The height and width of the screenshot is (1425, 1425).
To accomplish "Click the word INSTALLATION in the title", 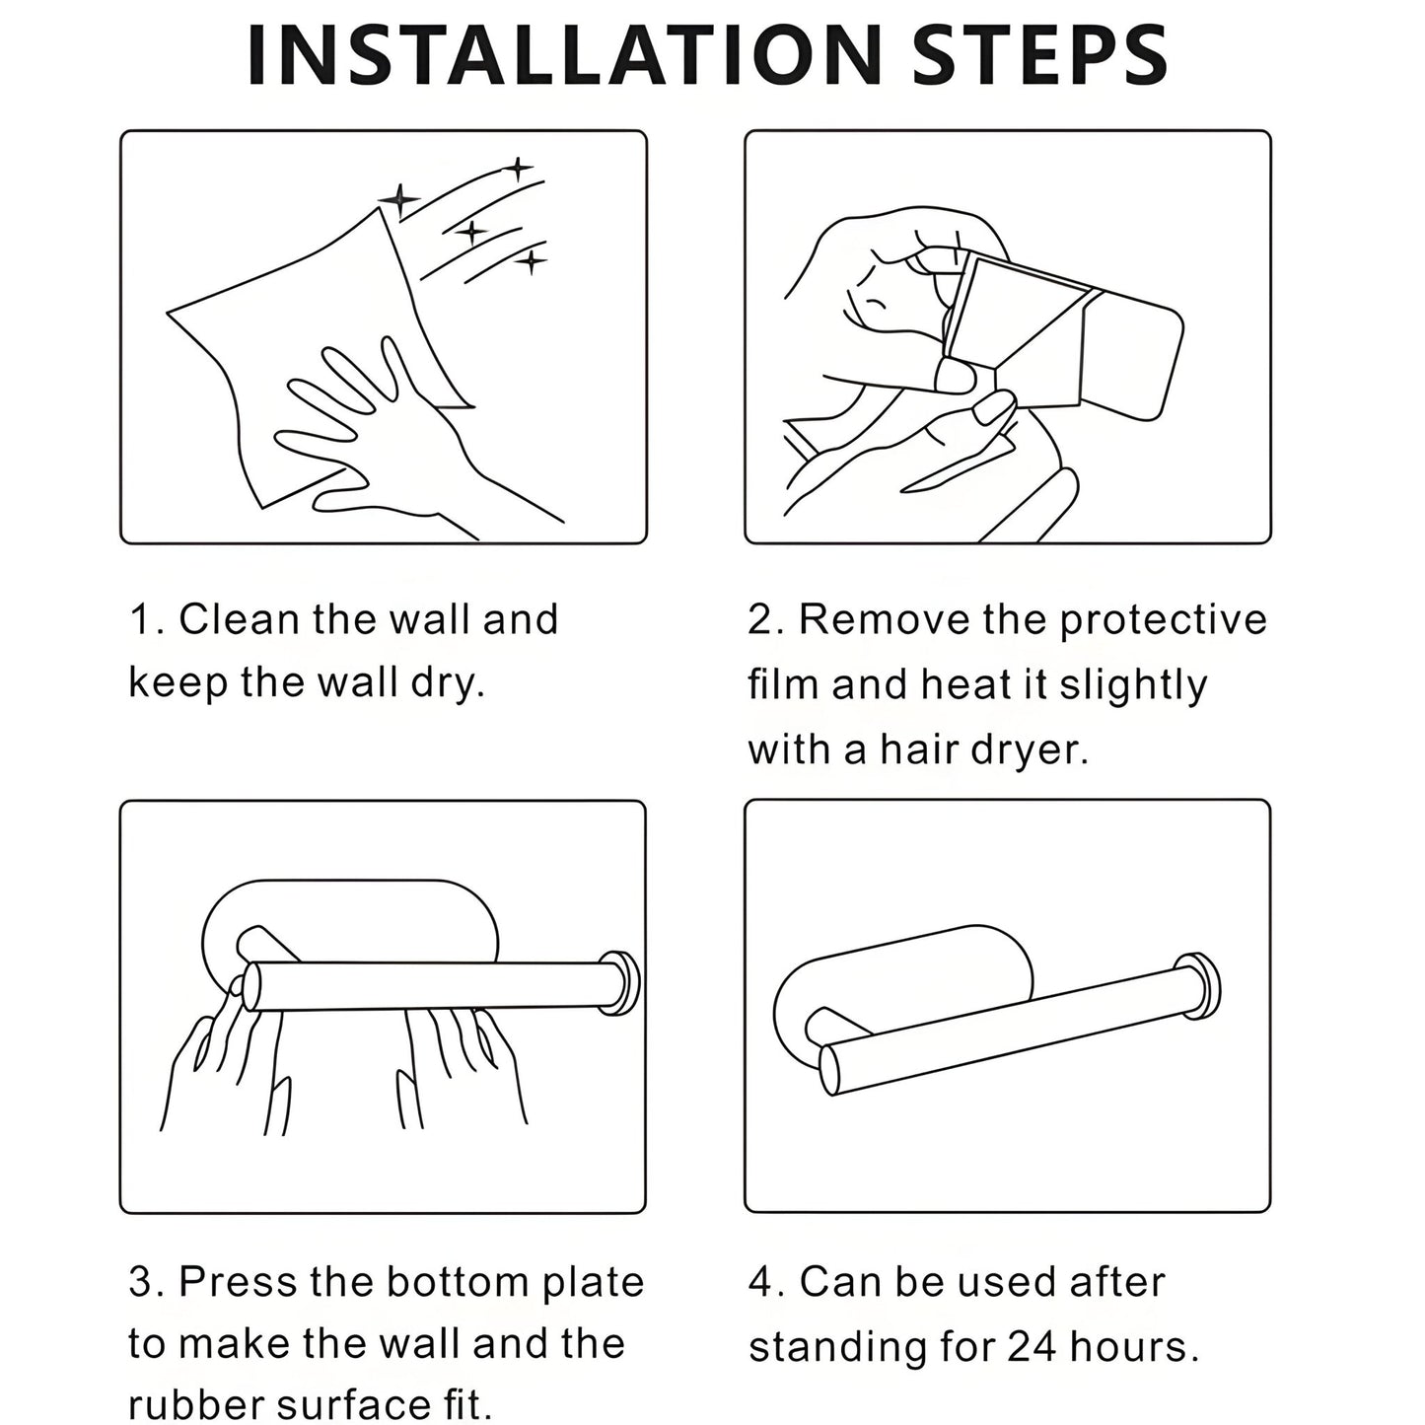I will [x=562, y=55].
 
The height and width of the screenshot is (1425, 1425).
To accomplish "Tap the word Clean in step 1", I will [x=239, y=619].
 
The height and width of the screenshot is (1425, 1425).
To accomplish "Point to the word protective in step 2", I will [x=1163, y=619].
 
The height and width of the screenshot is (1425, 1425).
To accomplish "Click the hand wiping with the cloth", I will [x=394, y=434].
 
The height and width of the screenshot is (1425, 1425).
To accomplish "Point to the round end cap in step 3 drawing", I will [x=622, y=983].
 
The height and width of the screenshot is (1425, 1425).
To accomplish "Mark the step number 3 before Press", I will [x=140, y=1282].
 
